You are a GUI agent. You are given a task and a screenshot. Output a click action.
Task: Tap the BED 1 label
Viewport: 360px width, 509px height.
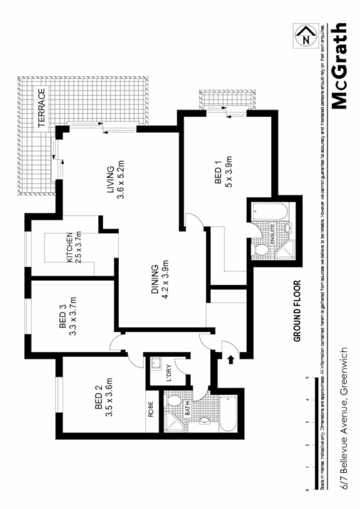pos(218,173)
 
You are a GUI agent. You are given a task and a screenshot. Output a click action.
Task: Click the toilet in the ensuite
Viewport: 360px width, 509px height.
pos(262,250)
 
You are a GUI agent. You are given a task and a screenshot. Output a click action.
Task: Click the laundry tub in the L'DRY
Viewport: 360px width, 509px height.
pos(155,363)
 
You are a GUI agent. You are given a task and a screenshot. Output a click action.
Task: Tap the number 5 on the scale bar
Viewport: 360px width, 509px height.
pos(307,378)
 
